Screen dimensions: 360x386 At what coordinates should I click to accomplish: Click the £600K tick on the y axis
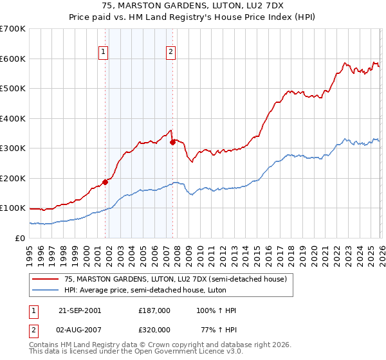(x=13, y=59)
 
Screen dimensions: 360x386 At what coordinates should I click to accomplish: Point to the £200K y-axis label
(x=13, y=178)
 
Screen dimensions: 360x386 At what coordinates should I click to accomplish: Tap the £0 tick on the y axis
(x=21, y=238)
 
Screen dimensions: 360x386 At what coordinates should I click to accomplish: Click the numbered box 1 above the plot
(x=104, y=53)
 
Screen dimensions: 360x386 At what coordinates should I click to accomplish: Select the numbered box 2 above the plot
(x=170, y=53)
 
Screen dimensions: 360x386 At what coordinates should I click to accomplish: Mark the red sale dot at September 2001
(x=106, y=182)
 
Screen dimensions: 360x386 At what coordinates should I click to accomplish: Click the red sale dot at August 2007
(x=172, y=142)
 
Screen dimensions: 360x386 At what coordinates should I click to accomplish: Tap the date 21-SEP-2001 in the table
(x=80, y=310)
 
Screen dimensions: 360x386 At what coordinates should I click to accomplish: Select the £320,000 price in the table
(x=154, y=330)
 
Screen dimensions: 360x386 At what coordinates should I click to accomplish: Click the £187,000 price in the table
(x=154, y=310)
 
